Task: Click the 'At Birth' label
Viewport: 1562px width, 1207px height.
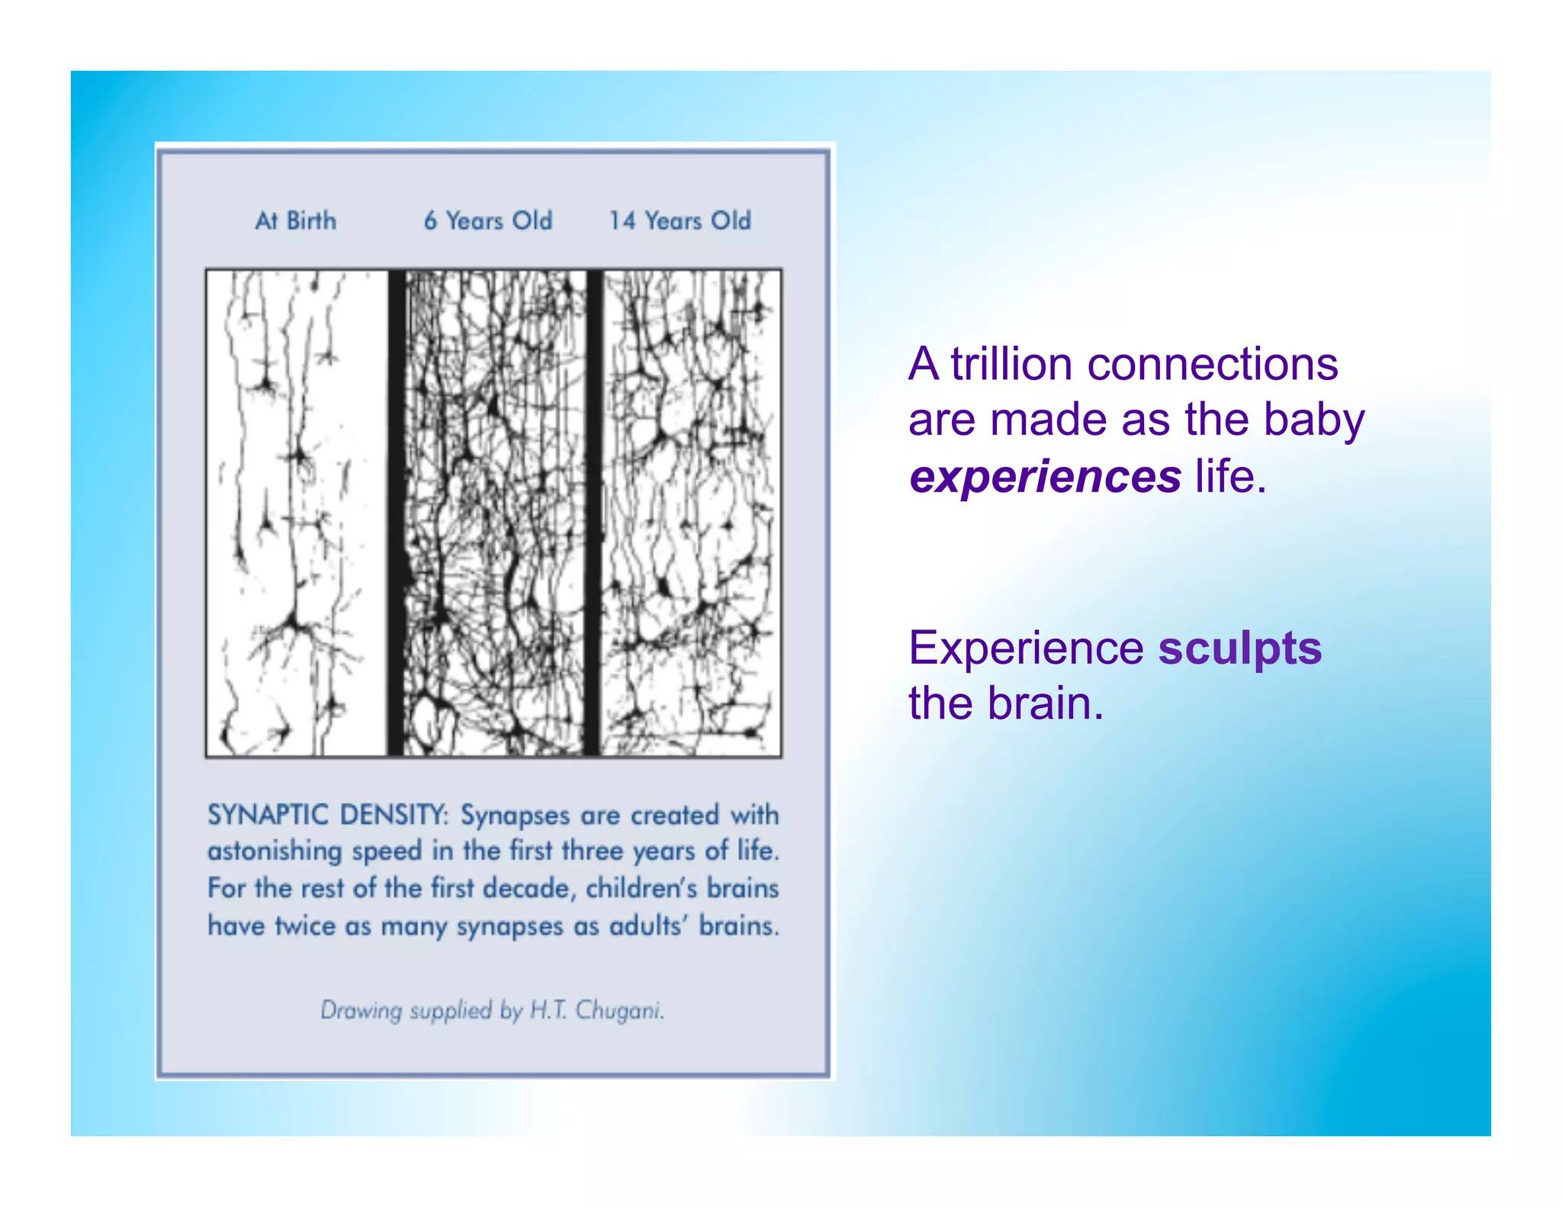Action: (x=295, y=220)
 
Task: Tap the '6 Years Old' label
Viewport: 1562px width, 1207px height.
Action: (x=488, y=220)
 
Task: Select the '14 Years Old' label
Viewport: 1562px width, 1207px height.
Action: (x=680, y=220)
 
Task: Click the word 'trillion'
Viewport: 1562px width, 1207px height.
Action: (x=1011, y=364)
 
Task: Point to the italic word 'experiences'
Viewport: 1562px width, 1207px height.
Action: (x=1045, y=477)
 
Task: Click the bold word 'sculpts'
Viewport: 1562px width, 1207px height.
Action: (x=1239, y=648)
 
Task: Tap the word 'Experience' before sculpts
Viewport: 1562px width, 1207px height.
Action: (x=1026, y=649)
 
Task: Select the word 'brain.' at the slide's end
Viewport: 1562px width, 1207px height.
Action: (x=1046, y=703)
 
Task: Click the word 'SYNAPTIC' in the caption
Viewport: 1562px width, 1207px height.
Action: (x=268, y=815)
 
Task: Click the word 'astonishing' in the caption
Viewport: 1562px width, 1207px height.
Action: (x=274, y=851)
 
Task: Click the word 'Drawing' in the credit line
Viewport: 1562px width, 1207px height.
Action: (x=361, y=1010)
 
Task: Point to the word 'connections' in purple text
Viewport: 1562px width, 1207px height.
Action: (x=1212, y=364)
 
